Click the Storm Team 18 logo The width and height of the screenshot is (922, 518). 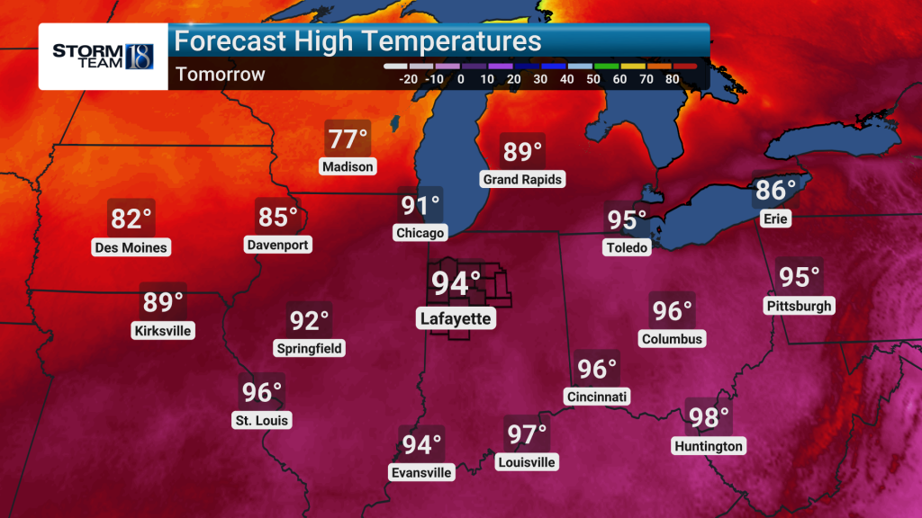(x=103, y=55)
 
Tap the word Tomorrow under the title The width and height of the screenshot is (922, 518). (x=221, y=75)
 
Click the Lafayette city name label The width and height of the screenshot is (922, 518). (x=456, y=318)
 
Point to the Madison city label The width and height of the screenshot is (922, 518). (x=347, y=166)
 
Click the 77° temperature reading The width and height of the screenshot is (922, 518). (x=347, y=140)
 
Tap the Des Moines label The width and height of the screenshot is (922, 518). (x=131, y=246)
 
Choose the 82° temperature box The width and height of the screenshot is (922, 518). (x=131, y=219)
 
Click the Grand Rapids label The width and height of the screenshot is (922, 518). (x=522, y=179)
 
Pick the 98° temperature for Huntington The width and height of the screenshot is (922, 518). (x=709, y=418)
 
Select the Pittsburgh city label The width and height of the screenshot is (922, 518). (x=799, y=306)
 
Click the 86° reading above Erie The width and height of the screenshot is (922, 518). (x=775, y=191)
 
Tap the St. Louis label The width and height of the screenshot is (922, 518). (x=262, y=420)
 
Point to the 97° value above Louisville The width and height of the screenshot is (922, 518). (x=527, y=435)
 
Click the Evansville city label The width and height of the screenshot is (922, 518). (x=420, y=472)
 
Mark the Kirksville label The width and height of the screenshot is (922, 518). (x=162, y=330)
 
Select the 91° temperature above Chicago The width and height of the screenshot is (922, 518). (x=420, y=206)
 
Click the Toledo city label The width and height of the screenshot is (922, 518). (x=627, y=247)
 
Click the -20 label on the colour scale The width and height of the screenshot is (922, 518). (x=408, y=79)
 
